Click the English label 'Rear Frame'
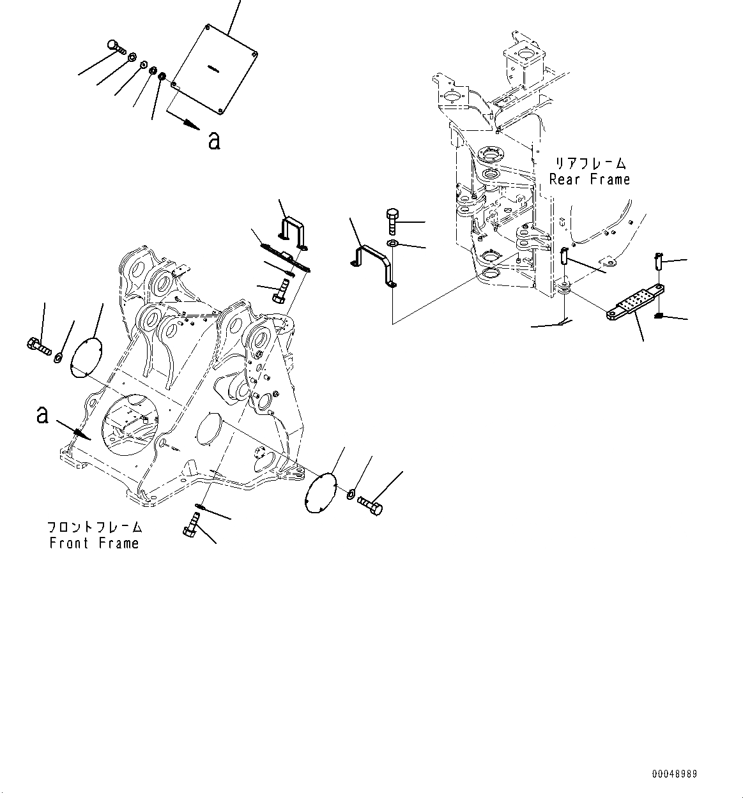[x=589, y=179]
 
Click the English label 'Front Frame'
[x=93, y=543]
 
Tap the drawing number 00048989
[x=674, y=774]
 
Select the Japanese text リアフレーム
[x=589, y=164]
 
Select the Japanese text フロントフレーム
[x=94, y=528]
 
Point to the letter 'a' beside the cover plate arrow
[x=214, y=140]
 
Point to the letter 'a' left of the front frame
[x=42, y=416]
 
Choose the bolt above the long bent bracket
[x=392, y=222]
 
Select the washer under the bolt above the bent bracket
[x=393, y=245]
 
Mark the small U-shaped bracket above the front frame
[x=293, y=232]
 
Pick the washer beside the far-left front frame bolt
[x=59, y=356]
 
